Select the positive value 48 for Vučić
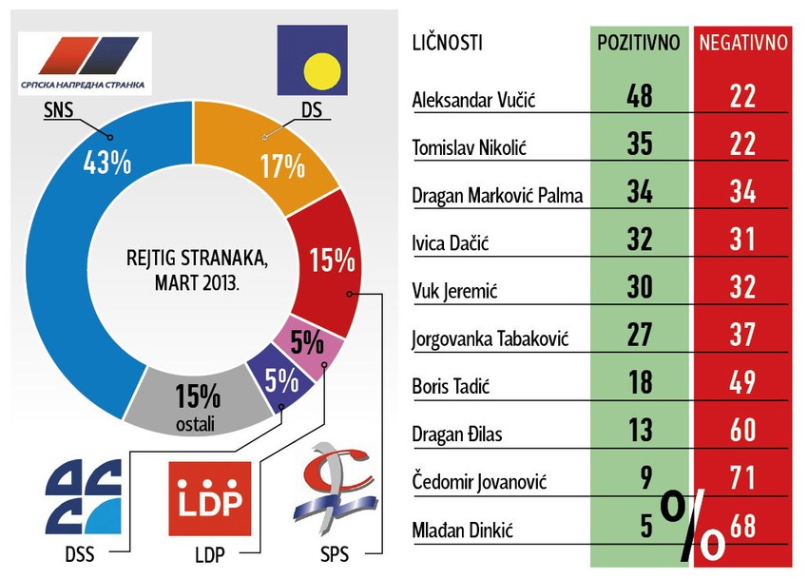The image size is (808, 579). tap(639, 96)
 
